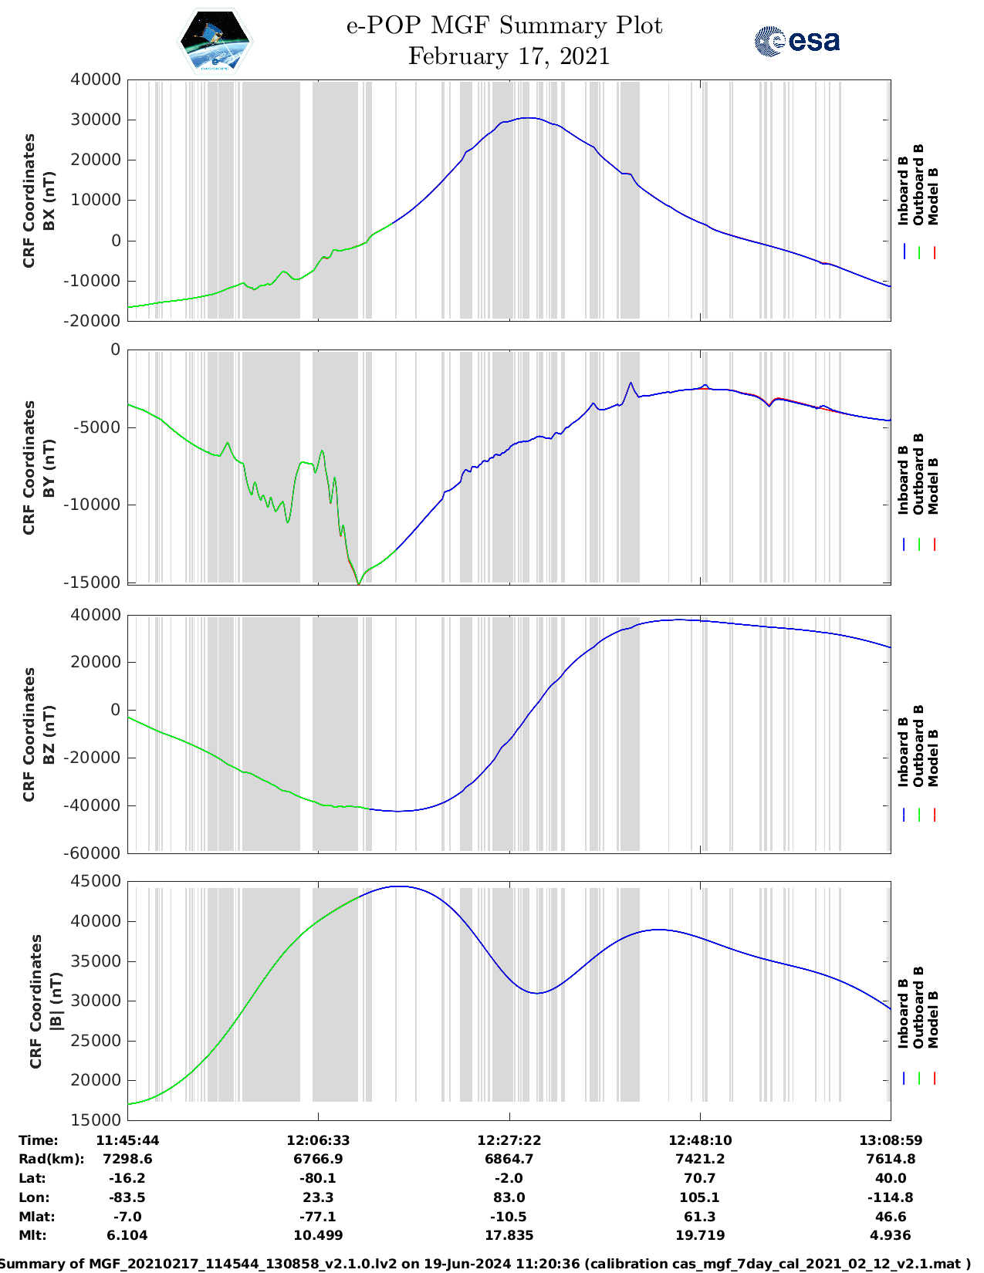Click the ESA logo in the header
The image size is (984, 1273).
click(x=797, y=41)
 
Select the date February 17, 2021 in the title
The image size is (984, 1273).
click(x=509, y=56)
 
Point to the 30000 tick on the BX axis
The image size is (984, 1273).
click(x=96, y=120)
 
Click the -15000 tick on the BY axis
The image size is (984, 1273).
click(x=96, y=582)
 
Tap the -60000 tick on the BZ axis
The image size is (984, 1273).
click(x=96, y=853)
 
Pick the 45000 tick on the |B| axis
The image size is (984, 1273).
click(x=96, y=881)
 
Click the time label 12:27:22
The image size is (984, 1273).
click(x=509, y=1140)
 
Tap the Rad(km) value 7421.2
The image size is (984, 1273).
click(x=699, y=1159)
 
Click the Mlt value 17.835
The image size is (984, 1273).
click(x=509, y=1235)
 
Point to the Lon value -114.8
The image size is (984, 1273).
click(x=891, y=1197)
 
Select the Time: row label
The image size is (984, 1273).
click(x=39, y=1140)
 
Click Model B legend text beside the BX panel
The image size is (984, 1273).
click(x=933, y=196)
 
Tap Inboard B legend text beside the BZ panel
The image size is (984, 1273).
click(x=904, y=752)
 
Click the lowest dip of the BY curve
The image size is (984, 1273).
click(x=359, y=584)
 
